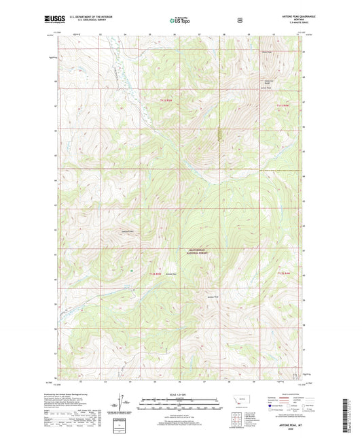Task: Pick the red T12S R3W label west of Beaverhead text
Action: [155, 273]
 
